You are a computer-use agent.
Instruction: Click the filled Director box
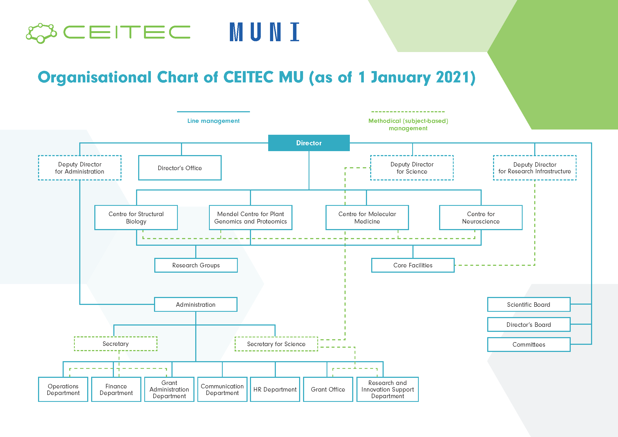309,143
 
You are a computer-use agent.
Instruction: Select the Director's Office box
180,168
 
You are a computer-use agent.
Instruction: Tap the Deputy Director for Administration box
80,168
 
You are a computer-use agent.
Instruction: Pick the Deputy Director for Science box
412,168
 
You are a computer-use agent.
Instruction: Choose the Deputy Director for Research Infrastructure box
535,168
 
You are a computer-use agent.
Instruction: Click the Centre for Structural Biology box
136,217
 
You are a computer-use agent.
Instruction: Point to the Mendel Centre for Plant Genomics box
250,217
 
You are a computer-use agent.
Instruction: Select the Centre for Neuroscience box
481,217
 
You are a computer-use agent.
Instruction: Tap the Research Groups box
196,265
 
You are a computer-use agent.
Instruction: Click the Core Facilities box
413,265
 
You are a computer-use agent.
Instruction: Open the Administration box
196,304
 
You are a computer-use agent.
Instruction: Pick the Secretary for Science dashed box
276,344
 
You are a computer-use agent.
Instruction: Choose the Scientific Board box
529,304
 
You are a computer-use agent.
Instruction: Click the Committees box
529,345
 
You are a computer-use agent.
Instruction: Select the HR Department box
275,389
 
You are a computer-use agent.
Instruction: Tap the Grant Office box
328,389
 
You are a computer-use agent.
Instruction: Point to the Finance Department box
116,389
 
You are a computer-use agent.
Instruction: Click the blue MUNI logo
264,32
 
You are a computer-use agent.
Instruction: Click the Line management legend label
213,121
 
